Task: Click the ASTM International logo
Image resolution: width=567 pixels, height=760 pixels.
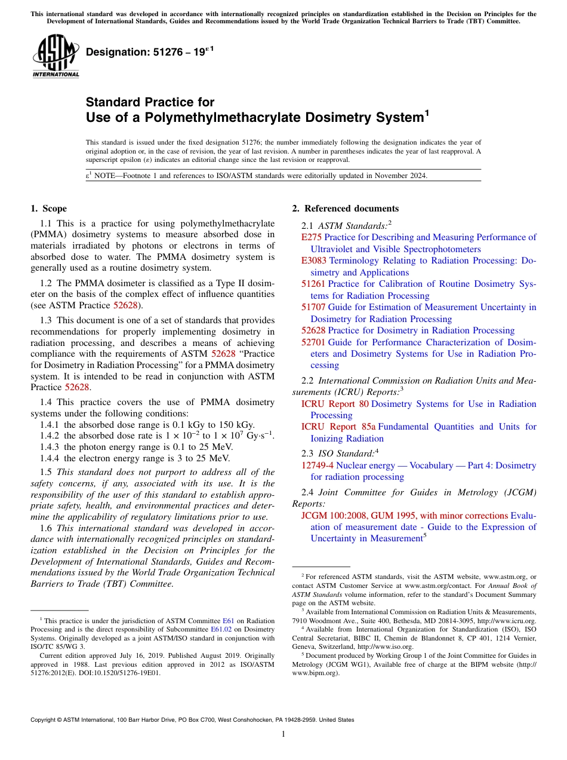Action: point(56,57)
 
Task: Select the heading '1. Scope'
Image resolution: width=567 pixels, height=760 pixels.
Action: point(48,209)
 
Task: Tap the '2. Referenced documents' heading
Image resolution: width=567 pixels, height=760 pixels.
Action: point(345,209)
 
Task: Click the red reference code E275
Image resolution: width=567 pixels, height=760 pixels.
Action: point(312,237)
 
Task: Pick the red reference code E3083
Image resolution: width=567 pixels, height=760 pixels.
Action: point(314,261)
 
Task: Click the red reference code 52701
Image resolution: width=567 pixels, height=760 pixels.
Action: point(313,342)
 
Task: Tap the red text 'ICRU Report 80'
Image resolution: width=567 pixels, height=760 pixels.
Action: point(335,404)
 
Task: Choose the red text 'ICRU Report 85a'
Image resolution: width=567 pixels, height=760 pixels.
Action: point(338,427)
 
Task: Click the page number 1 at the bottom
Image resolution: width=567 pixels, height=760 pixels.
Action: point(283,734)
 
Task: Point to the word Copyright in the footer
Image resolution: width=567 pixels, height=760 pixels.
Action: point(45,720)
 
